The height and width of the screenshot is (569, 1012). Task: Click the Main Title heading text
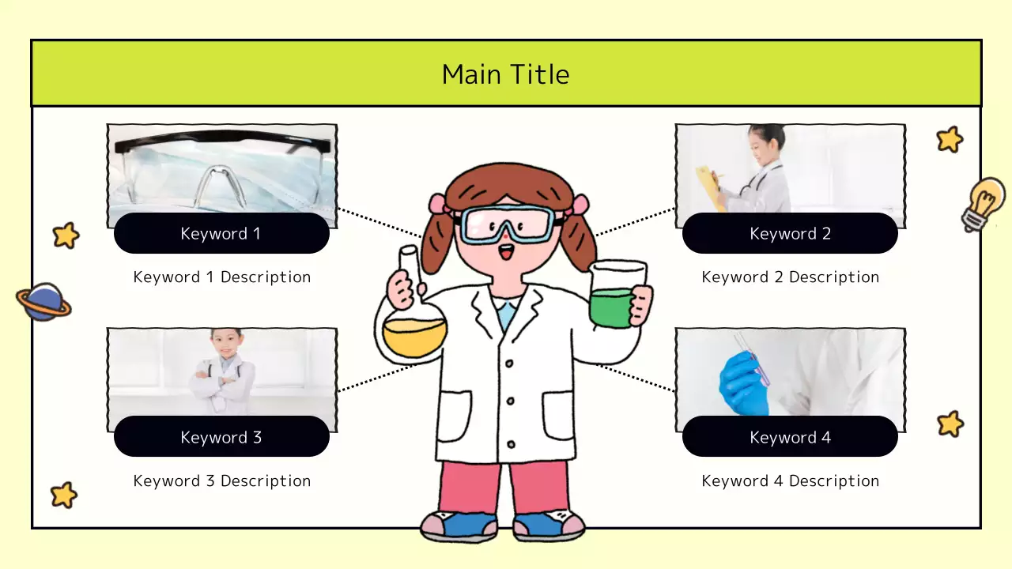(x=505, y=74)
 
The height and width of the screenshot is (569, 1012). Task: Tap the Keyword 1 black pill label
(x=221, y=233)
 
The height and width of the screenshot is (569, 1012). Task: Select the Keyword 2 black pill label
(x=790, y=233)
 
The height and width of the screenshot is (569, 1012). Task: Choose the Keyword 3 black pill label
(x=221, y=437)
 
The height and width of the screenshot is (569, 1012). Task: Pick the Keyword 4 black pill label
(x=790, y=437)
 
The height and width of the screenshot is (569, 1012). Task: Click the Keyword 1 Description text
(x=221, y=277)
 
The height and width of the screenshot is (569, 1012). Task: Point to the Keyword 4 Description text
(x=790, y=480)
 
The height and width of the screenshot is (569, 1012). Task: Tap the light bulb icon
(x=984, y=203)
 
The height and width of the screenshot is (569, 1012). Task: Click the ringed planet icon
(x=43, y=302)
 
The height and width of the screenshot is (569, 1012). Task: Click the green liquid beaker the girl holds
(x=613, y=304)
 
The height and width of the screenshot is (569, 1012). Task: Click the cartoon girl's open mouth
(x=506, y=254)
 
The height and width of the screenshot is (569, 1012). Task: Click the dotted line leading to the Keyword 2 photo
(x=635, y=221)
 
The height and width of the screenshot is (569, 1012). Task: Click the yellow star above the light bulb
(x=949, y=140)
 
